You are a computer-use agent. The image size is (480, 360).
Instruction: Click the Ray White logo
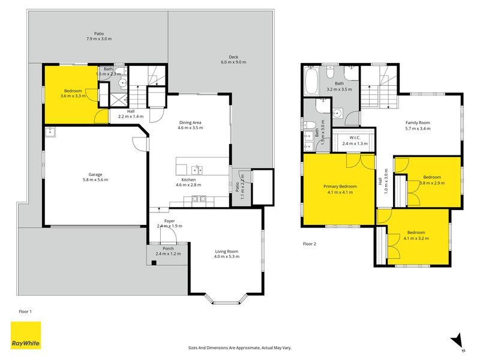point(26,337)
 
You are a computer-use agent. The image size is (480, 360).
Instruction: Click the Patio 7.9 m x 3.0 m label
point(98,36)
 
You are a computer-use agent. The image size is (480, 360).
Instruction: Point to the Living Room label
point(226,254)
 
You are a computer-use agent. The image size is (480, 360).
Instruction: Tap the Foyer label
point(169,223)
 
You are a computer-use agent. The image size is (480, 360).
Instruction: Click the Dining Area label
point(190,125)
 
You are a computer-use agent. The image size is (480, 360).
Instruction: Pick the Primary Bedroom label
point(340,189)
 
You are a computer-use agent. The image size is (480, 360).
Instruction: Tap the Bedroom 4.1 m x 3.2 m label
point(416,235)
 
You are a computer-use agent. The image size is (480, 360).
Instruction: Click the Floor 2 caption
point(309,244)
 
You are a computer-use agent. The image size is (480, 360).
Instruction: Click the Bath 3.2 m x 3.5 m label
point(339,86)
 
